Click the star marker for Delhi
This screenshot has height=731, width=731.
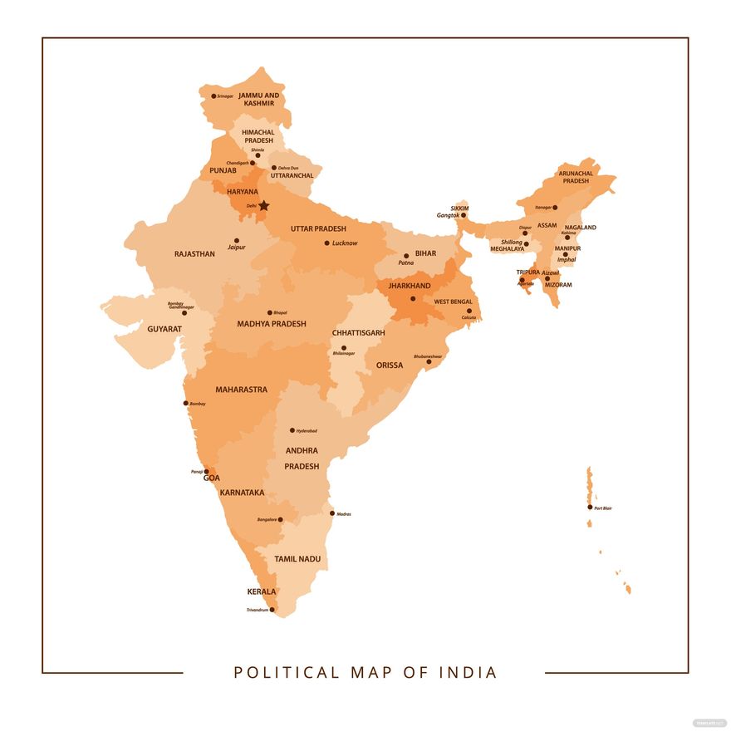[264, 205]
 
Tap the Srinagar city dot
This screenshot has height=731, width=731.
[213, 96]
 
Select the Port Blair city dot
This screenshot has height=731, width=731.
[590, 508]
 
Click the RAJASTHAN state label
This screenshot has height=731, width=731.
[194, 254]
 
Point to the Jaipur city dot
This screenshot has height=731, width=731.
[236, 241]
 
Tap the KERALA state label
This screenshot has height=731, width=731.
[262, 592]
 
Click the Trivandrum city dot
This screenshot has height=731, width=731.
[272, 610]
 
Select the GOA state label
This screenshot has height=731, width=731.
[212, 478]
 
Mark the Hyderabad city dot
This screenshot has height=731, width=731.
[292, 430]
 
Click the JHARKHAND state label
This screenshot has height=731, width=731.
[410, 286]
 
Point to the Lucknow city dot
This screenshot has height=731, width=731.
[327, 243]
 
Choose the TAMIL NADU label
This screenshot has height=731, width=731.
[297, 559]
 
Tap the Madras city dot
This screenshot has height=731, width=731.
[332, 513]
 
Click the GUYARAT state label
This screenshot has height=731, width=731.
[164, 329]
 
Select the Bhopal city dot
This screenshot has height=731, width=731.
[269, 312]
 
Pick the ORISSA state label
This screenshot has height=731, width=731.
[390, 365]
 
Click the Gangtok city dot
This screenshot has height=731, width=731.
[464, 215]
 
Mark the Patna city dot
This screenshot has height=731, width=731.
[406, 256]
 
